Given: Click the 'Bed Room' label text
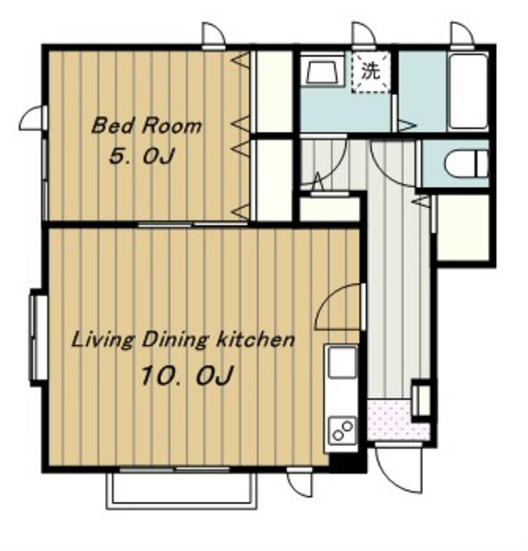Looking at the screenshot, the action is pos(146,126).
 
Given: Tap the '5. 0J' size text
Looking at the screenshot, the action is pos(141,156).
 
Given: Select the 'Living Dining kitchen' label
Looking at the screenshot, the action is pos(183,340).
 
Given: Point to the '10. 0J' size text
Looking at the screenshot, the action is pos(187,375).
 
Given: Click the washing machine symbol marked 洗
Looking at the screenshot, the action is pos(371,71).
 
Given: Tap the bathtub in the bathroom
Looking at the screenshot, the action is pos(469,92).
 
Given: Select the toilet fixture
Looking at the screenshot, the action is pos(467,164).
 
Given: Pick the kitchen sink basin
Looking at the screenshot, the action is pos(342,362).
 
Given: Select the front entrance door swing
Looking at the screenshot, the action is pos(399,468).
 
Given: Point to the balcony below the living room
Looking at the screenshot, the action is pos(182,491).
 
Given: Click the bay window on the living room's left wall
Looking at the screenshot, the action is pos(39,337).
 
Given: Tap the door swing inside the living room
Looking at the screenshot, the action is pos(339,306).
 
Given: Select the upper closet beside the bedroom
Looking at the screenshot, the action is pos(274,92).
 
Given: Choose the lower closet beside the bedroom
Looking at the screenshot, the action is pos(274,180).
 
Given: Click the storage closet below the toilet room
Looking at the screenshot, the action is pos(463,227).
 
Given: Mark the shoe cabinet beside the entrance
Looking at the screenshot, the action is pos(421,400).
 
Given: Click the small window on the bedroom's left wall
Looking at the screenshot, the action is pos(44,179).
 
